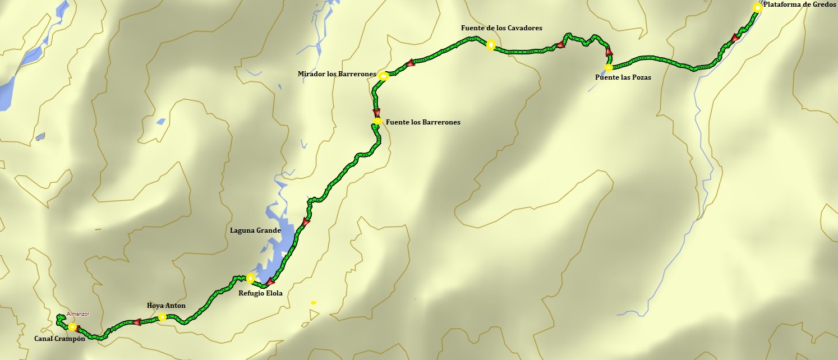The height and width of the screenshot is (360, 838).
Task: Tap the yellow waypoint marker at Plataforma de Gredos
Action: click(757, 8)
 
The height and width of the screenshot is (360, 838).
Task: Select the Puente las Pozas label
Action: click(623, 77)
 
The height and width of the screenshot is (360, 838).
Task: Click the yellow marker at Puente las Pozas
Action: click(609, 68)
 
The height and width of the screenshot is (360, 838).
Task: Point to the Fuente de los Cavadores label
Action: click(501, 28)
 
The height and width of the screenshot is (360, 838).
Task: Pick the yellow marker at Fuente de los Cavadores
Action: click(491, 45)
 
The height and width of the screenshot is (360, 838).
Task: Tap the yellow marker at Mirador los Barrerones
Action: click(383, 76)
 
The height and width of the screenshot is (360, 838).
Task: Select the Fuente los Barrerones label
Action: click(423, 122)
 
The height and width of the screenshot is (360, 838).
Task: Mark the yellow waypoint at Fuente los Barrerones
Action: click(378, 121)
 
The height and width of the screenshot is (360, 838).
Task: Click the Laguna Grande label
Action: click(255, 230)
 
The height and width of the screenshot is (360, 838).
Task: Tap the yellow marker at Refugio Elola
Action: click(250, 278)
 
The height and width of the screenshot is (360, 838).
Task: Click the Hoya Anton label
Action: click(166, 306)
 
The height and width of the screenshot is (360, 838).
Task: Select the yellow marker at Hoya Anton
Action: click(162, 317)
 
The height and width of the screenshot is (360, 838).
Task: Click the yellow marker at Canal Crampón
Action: click(72, 327)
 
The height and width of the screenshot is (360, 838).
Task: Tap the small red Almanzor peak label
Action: click(78, 314)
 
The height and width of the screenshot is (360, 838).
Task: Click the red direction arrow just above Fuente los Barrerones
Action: click(376, 112)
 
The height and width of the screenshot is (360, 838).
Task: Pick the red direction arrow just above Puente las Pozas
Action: click(609, 52)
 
